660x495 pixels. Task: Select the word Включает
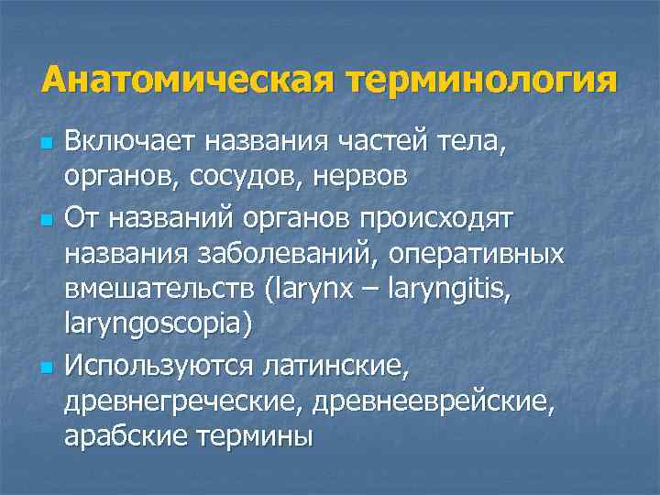pos(129,142)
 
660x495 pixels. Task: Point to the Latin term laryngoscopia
pos(157,324)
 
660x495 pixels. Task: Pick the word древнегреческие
pos(184,401)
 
